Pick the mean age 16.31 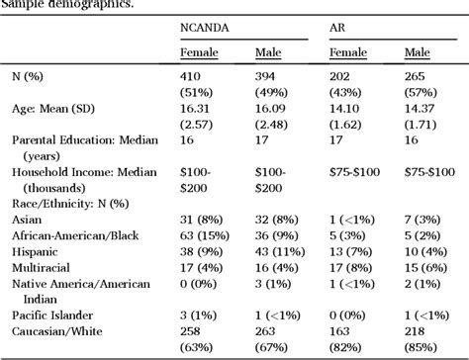pos(194,115)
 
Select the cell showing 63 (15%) pos(206,235)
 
